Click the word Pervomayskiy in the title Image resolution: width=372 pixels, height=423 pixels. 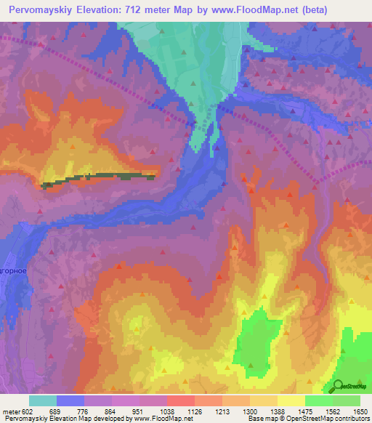click(41, 10)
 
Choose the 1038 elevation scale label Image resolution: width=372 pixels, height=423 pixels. click(167, 411)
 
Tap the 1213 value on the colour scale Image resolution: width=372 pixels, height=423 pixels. click(223, 411)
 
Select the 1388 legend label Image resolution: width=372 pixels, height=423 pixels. click(278, 411)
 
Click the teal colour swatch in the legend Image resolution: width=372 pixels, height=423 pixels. click(43, 400)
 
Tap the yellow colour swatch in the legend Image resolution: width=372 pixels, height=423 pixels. click(291, 400)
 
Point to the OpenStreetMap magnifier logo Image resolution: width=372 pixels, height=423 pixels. click(339, 386)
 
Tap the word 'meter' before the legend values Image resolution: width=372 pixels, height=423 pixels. click(10, 411)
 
